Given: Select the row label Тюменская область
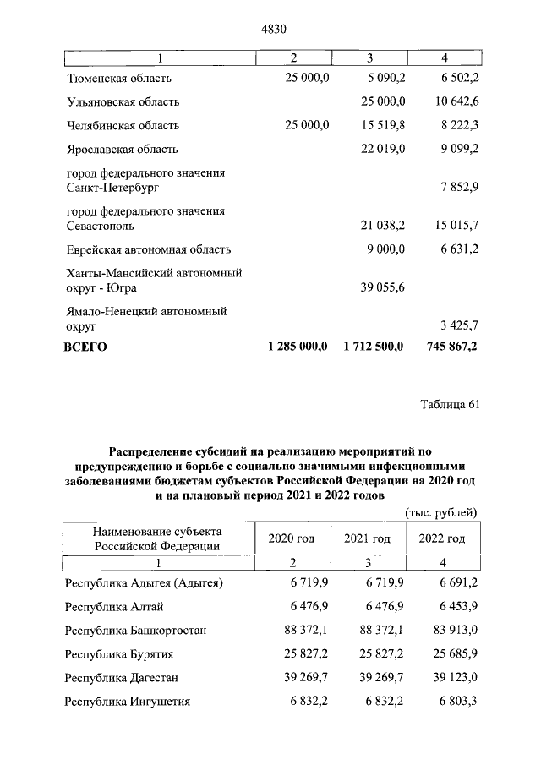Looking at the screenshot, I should pyautogui.click(x=119, y=79).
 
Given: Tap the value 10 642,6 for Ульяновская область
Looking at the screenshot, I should pyautogui.click(x=454, y=102).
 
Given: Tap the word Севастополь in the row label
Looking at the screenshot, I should pyautogui.click(x=100, y=227).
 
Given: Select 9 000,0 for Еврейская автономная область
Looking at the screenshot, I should pyautogui.click(x=385, y=249).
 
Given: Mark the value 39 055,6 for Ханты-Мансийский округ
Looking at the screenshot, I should pyautogui.click(x=379, y=288).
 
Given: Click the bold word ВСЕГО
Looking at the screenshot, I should pyautogui.click(x=86, y=347).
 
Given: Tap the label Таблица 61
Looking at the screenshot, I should pyautogui.click(x=450, y=403).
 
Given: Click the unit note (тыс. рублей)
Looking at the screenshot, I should pyautogui.click(x=441, y=512).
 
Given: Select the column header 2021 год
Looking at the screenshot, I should pyautogui.click(x=367, y=538).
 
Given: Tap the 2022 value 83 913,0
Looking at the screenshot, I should pyautogui.click(x=454, y=630).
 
